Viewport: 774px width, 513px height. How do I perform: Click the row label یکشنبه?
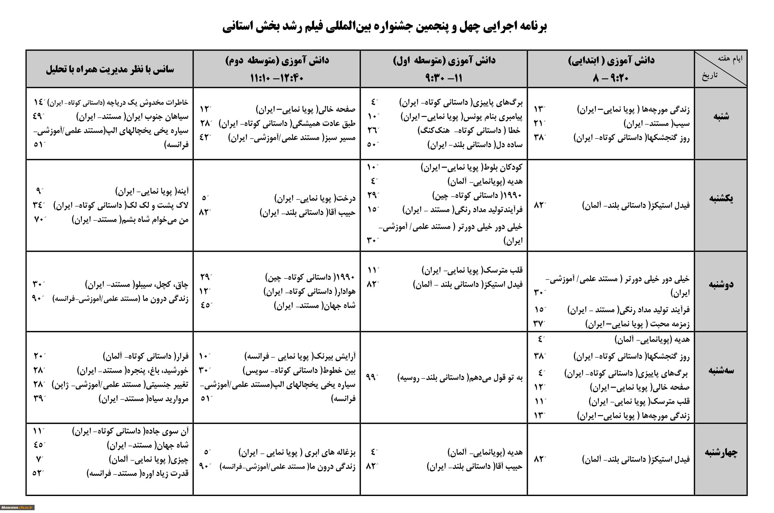721,198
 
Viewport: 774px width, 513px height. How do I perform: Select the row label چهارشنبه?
721,452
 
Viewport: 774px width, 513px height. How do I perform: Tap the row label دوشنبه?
721,284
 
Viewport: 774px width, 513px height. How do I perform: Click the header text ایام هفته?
730,59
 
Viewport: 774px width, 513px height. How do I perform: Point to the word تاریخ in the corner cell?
709,75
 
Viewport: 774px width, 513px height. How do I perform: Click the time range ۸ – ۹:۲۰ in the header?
611,78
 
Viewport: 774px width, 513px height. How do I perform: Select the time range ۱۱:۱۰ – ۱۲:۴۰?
277,78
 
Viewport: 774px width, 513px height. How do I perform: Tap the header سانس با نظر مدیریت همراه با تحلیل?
110,69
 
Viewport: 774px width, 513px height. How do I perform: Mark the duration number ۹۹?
371,377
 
